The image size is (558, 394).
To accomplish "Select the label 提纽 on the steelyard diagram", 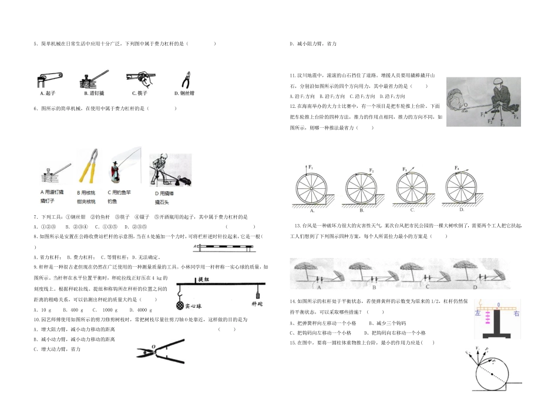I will (204, 279).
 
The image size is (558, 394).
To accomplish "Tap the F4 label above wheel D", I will (457, 168).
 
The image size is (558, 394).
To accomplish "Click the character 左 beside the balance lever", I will (478, 314).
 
